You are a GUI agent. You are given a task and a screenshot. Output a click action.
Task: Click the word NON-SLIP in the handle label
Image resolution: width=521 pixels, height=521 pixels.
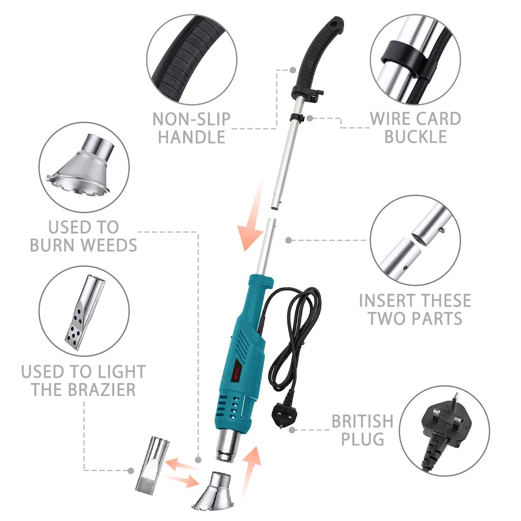(x=191, y=119)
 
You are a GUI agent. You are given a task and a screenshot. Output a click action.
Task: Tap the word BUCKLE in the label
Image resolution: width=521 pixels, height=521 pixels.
(x=415, y=137)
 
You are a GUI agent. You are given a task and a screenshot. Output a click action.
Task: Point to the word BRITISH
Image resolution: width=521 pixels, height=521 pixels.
(x=362, y=422)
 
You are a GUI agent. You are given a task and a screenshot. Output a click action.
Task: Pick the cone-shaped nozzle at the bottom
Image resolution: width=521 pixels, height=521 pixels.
(x=213, y=493)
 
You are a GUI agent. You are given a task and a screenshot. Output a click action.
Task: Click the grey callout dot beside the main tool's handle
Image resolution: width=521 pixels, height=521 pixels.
(x=293, y=69)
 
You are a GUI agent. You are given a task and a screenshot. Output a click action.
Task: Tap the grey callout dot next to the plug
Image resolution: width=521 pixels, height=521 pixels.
(x=292, y=430)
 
